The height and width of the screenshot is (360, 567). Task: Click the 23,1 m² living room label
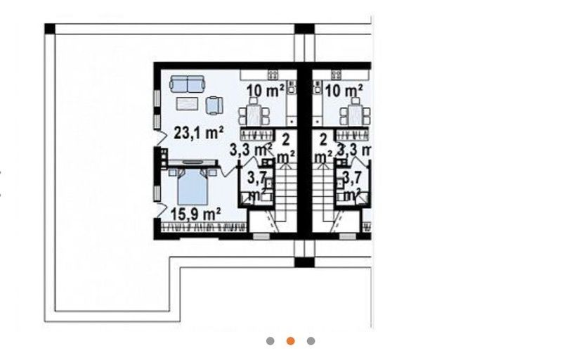[198, 133]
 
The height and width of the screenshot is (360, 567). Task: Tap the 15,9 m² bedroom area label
[195, 215]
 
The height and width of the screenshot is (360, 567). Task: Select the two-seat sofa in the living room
[187, 84]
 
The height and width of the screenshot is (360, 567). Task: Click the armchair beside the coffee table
[214, 105]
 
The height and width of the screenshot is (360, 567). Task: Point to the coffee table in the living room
[188, 104]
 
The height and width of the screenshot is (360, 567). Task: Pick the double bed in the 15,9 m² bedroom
[193, 186]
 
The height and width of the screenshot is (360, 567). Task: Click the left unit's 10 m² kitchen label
[265, 91]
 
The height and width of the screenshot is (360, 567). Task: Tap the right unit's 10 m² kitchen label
[344, 91]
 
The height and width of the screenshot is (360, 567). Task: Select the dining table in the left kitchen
[254, 113]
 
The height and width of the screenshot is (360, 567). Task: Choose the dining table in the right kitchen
[355, 113]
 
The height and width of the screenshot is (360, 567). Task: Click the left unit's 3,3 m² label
[251, 150]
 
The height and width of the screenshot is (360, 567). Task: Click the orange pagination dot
[290, 341]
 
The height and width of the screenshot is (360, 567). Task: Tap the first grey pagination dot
[270, 341]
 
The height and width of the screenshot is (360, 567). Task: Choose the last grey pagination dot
[311, 341]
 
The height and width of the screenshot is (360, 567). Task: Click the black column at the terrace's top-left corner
[50, 29]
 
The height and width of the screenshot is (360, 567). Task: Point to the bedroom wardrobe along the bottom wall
[204, 227]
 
